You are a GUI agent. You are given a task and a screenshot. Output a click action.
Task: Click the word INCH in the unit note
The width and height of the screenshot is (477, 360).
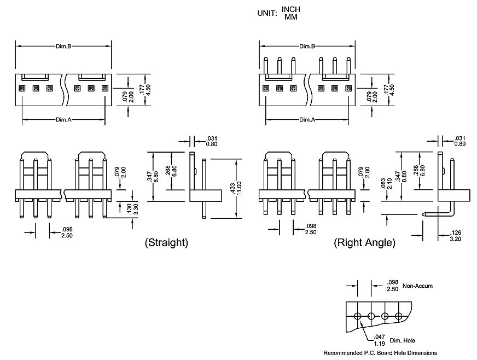coord(291,9)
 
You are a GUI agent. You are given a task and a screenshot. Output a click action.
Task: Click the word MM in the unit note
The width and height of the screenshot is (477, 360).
coord(290,17)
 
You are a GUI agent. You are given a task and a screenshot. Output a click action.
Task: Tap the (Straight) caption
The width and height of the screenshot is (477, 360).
coord(166,242)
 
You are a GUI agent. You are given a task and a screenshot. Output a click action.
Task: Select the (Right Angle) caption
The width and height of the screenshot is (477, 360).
coord(364,242)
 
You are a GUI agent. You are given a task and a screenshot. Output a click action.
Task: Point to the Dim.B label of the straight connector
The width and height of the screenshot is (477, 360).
coord(63,47)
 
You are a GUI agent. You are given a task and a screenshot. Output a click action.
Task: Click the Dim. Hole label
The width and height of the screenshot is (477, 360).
coord(402,341)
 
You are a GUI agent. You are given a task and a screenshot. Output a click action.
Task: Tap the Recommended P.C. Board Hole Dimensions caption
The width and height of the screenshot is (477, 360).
coord(380,353)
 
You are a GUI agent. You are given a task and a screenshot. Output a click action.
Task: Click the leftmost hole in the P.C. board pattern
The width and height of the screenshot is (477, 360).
coord(357,316)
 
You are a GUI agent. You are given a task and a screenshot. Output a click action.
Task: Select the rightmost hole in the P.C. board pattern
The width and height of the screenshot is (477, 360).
coord(398,316)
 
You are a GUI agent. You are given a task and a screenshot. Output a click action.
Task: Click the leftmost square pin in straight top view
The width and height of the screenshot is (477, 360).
coord(22,88)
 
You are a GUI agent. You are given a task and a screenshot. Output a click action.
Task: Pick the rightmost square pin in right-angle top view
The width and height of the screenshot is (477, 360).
coord(348,88)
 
